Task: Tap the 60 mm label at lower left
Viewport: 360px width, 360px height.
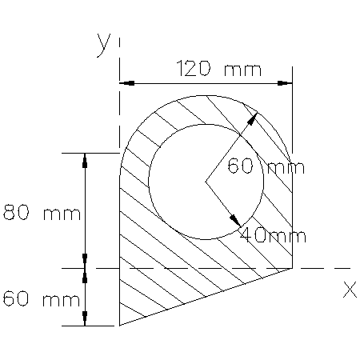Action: point(41,300)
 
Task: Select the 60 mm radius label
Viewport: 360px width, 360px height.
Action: point(261,167)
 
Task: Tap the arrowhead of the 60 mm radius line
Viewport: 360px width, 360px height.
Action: point(254,118)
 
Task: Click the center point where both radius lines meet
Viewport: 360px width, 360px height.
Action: point(206,182)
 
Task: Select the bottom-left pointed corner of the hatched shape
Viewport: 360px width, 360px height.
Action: point(120,326)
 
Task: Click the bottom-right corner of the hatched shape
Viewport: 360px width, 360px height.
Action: point(291,268)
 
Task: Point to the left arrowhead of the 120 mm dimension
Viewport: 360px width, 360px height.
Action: point(125,82)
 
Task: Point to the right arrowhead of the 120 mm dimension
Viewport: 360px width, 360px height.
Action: point(286,82)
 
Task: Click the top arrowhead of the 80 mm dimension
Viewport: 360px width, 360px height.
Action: point(86,158)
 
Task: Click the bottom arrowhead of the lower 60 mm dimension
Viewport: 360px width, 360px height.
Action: point(86,321)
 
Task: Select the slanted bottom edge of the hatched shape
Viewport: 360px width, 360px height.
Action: point(206,297)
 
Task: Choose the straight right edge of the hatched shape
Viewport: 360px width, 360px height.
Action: point(291,216)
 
